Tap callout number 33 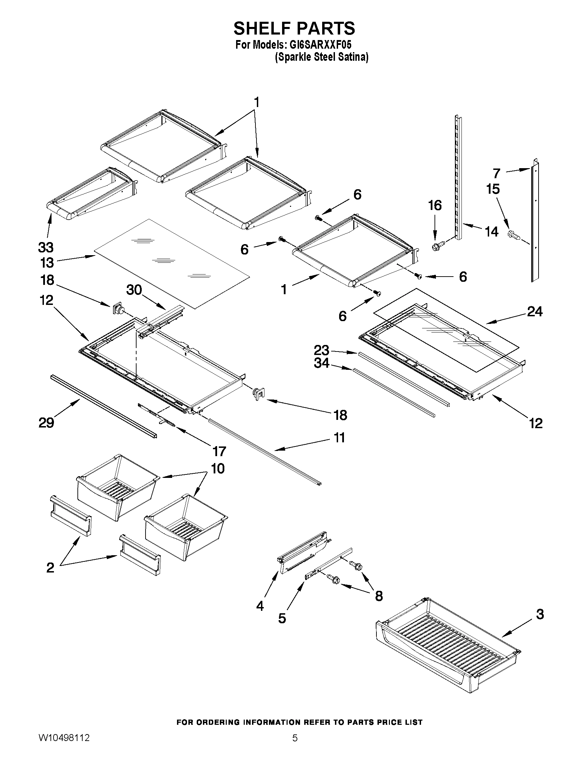pos(46,248)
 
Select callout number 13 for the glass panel pos(47,263)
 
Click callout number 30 pos(134,290)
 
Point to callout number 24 pos(535,311)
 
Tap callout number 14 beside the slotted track pos(492,232)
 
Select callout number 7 pos(497,173)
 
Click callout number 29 pos(46,423)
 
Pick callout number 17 pos(219,451)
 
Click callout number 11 pos(339,437)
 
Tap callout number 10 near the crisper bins pos(218,469)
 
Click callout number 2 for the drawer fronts pos(50,568)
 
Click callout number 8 pos(379,596)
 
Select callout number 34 pos(321,363)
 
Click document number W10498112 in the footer pos(64,746)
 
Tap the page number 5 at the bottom pos(295,746)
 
